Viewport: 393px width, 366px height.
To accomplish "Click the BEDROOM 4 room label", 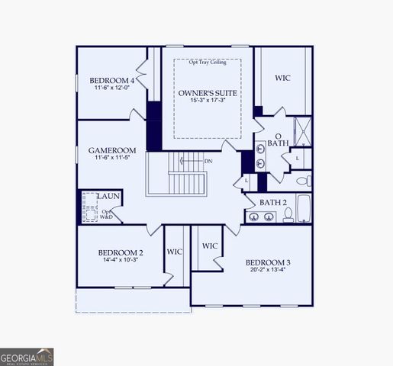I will coord(111,80).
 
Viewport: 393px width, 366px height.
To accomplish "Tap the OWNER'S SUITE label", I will coord(208,93).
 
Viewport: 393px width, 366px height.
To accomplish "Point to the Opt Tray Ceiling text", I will coord(208,63).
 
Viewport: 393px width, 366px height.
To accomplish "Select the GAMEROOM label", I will coord(111,150).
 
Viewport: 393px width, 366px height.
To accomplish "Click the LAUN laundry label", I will coord(108,197).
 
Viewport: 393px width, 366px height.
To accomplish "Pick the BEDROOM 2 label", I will coord(121,252).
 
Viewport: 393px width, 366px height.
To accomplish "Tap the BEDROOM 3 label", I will coord(269,262).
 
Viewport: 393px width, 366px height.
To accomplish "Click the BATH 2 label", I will coord(272,202).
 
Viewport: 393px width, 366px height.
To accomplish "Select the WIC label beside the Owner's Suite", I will coord(283,78).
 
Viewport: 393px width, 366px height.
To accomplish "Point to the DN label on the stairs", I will coord(208,161).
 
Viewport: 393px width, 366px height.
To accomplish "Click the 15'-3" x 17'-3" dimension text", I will coord(208,101).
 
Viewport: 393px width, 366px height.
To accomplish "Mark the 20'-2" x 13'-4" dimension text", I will coord(269,270).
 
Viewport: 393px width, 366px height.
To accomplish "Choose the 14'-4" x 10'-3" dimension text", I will coord(121,260).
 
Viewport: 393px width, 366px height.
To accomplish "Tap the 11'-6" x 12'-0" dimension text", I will coord(111,88).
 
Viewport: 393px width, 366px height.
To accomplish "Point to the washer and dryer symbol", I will coord(89,206).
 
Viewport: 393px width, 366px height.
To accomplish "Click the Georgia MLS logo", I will coord(27,356).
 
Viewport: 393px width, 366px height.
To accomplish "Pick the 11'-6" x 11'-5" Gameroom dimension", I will coord(111,158).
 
